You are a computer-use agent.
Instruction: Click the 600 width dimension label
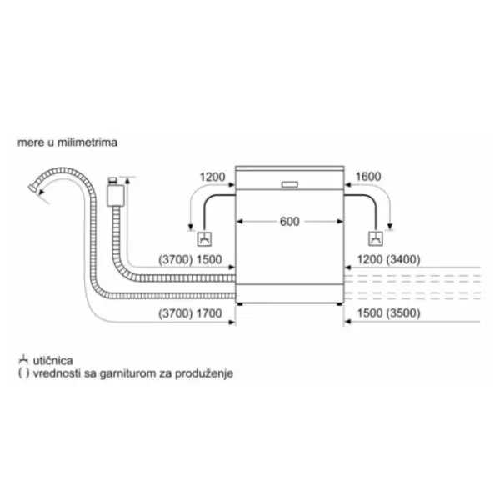point(289,222)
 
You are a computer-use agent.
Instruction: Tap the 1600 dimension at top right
point(368,177)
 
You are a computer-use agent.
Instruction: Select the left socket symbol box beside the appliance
point(204,239)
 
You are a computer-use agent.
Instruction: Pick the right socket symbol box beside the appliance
point(376,238)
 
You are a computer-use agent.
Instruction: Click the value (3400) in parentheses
point(403,259)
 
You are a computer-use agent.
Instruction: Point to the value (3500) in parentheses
point(403,312)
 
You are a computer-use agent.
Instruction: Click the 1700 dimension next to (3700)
point(209,313)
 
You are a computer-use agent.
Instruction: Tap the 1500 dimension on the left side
point(209,259)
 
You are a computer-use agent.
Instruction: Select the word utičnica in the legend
point(53,360)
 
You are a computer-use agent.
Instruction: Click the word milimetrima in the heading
point(87,142)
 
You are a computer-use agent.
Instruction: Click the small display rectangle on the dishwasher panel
point(289,185)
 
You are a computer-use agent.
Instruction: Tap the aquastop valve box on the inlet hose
point(116,196)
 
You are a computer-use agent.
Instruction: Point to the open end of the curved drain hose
point(32,187)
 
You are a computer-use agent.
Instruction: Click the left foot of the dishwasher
point(240,304)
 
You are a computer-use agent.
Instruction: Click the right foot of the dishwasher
point(339,304)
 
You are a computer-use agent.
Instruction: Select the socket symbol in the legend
point(23,359)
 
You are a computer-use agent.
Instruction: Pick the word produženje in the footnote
point(204,373)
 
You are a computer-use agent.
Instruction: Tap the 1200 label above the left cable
point(212,177)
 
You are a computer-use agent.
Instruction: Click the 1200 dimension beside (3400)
point(370,259)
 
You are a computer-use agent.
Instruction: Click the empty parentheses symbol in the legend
point(23,372)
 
